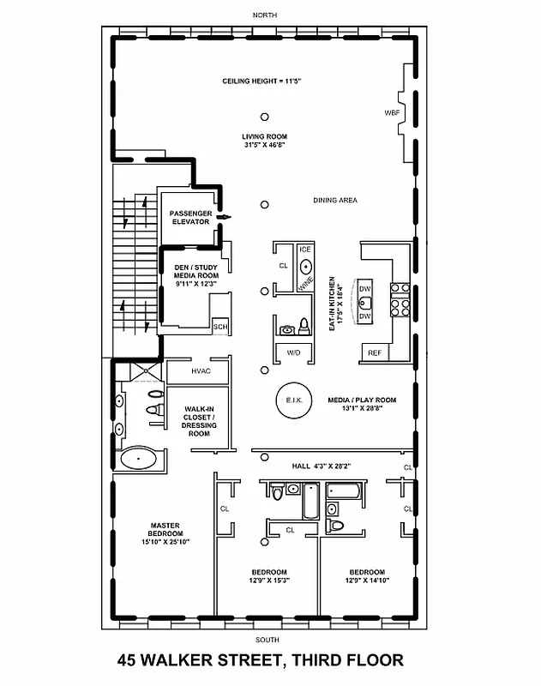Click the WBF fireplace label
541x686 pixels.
[x=392, y=113]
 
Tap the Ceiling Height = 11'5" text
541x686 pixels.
[x=264, y=81]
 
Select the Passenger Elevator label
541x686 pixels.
[x=189, y=217]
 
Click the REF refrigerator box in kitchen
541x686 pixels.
[x=375, y=352]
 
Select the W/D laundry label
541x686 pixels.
[x=293, y=352]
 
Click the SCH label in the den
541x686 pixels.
[x=219, y=327]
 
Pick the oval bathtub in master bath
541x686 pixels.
[x=138, y=459]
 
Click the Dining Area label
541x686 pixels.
[x=335, y=201]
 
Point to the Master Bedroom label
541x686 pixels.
[x=164, y=533]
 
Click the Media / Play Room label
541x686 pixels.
[x=362, y=404]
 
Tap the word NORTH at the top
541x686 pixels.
[x=265, y=15]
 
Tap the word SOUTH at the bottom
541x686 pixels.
[x=266, y=641]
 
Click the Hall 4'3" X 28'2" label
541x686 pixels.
[x=319, y=466]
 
